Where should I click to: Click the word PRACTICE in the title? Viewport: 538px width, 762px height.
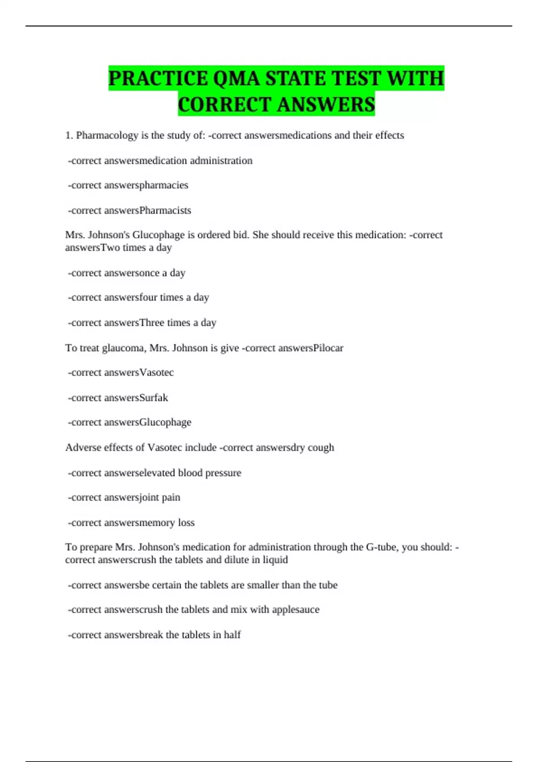pyautogui.click(x=158, y=78)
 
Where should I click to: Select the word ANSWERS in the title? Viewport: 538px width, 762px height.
pyautogui.click(x=325, y=104)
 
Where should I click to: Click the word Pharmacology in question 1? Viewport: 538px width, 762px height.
pyautogui.click(x=107, y=135)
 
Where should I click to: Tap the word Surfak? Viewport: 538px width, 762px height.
pyautogui.click(x=153, y=398)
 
